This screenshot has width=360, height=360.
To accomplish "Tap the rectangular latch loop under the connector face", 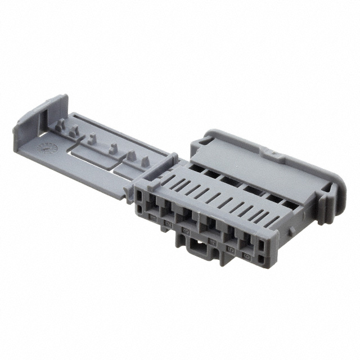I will pyautogui.click(x=197, y=247).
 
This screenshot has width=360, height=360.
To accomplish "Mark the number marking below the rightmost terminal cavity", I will pyautogui.click(x=246, y=255).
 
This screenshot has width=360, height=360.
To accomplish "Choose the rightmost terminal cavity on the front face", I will pyautogui.click(x=247, y=242).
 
